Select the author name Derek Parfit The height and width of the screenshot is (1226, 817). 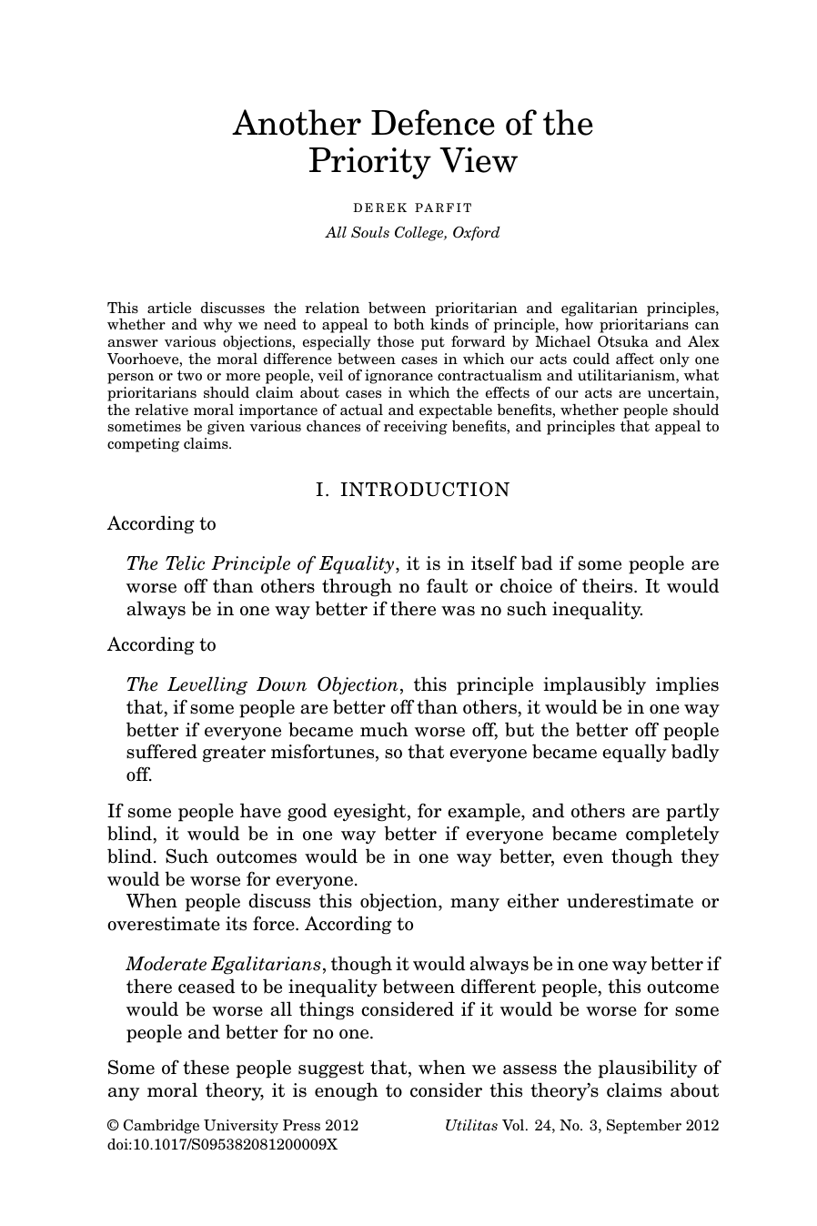pyautogui.click(x=412, y=208)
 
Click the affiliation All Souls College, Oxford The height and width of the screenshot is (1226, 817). pyautogui.click(x=412, y=232)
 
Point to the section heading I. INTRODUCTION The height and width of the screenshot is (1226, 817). pyautogui.click(x=412, y=490)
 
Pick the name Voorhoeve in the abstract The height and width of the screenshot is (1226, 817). pyautogui.click(x=145, y=359)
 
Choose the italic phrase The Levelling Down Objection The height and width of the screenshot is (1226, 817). pyautogui.click(x=262, y=684)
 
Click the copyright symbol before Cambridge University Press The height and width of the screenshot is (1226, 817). pyautogui.click(x=114, y=1125)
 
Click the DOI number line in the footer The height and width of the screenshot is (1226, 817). pyautogui.click(x=222, y=1144)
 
